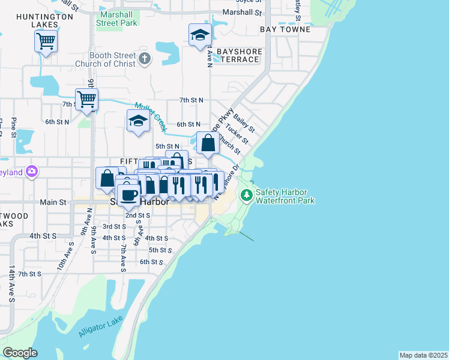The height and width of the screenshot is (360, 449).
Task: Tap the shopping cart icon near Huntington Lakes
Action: pos(46,41)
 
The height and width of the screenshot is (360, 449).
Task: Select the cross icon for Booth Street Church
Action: pos(143,59)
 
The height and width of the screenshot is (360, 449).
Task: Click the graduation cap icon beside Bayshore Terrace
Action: pos(200,35)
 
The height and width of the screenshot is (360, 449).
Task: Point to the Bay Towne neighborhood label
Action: pos(285,29)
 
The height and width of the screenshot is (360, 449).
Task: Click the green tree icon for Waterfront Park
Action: pos(246,195)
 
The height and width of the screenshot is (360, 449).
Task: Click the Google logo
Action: pos(20,353)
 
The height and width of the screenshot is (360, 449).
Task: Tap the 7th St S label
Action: pos(29,274)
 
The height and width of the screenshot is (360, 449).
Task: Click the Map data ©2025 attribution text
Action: pos(423,355)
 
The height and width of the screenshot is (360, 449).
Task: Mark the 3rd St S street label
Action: pos(114,226)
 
